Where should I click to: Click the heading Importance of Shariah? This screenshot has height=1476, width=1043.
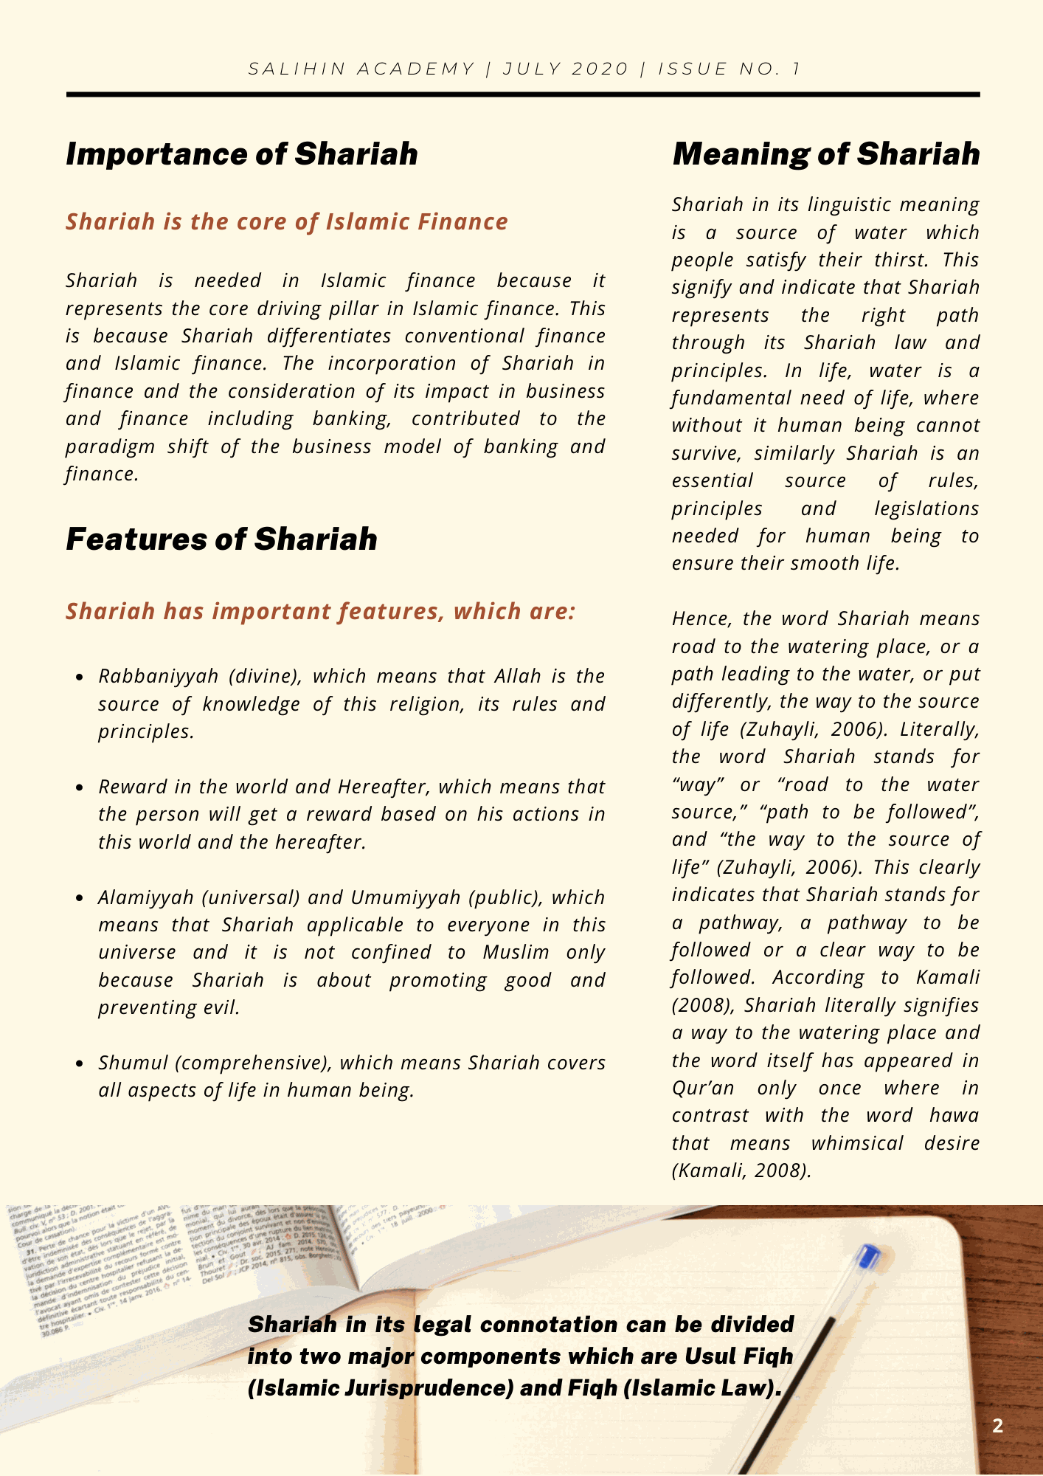242,154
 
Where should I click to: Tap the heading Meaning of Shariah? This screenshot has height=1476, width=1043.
826,154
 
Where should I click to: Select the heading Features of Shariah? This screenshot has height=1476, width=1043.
221,539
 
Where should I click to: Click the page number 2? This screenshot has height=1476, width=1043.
998,1426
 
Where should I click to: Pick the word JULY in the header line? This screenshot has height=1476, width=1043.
533,69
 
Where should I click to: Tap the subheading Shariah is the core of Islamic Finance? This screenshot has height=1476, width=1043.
287,221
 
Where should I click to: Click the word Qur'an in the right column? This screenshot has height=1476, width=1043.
703,1088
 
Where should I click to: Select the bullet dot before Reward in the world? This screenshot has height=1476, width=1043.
81,787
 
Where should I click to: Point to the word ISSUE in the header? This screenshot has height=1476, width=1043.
690,69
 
